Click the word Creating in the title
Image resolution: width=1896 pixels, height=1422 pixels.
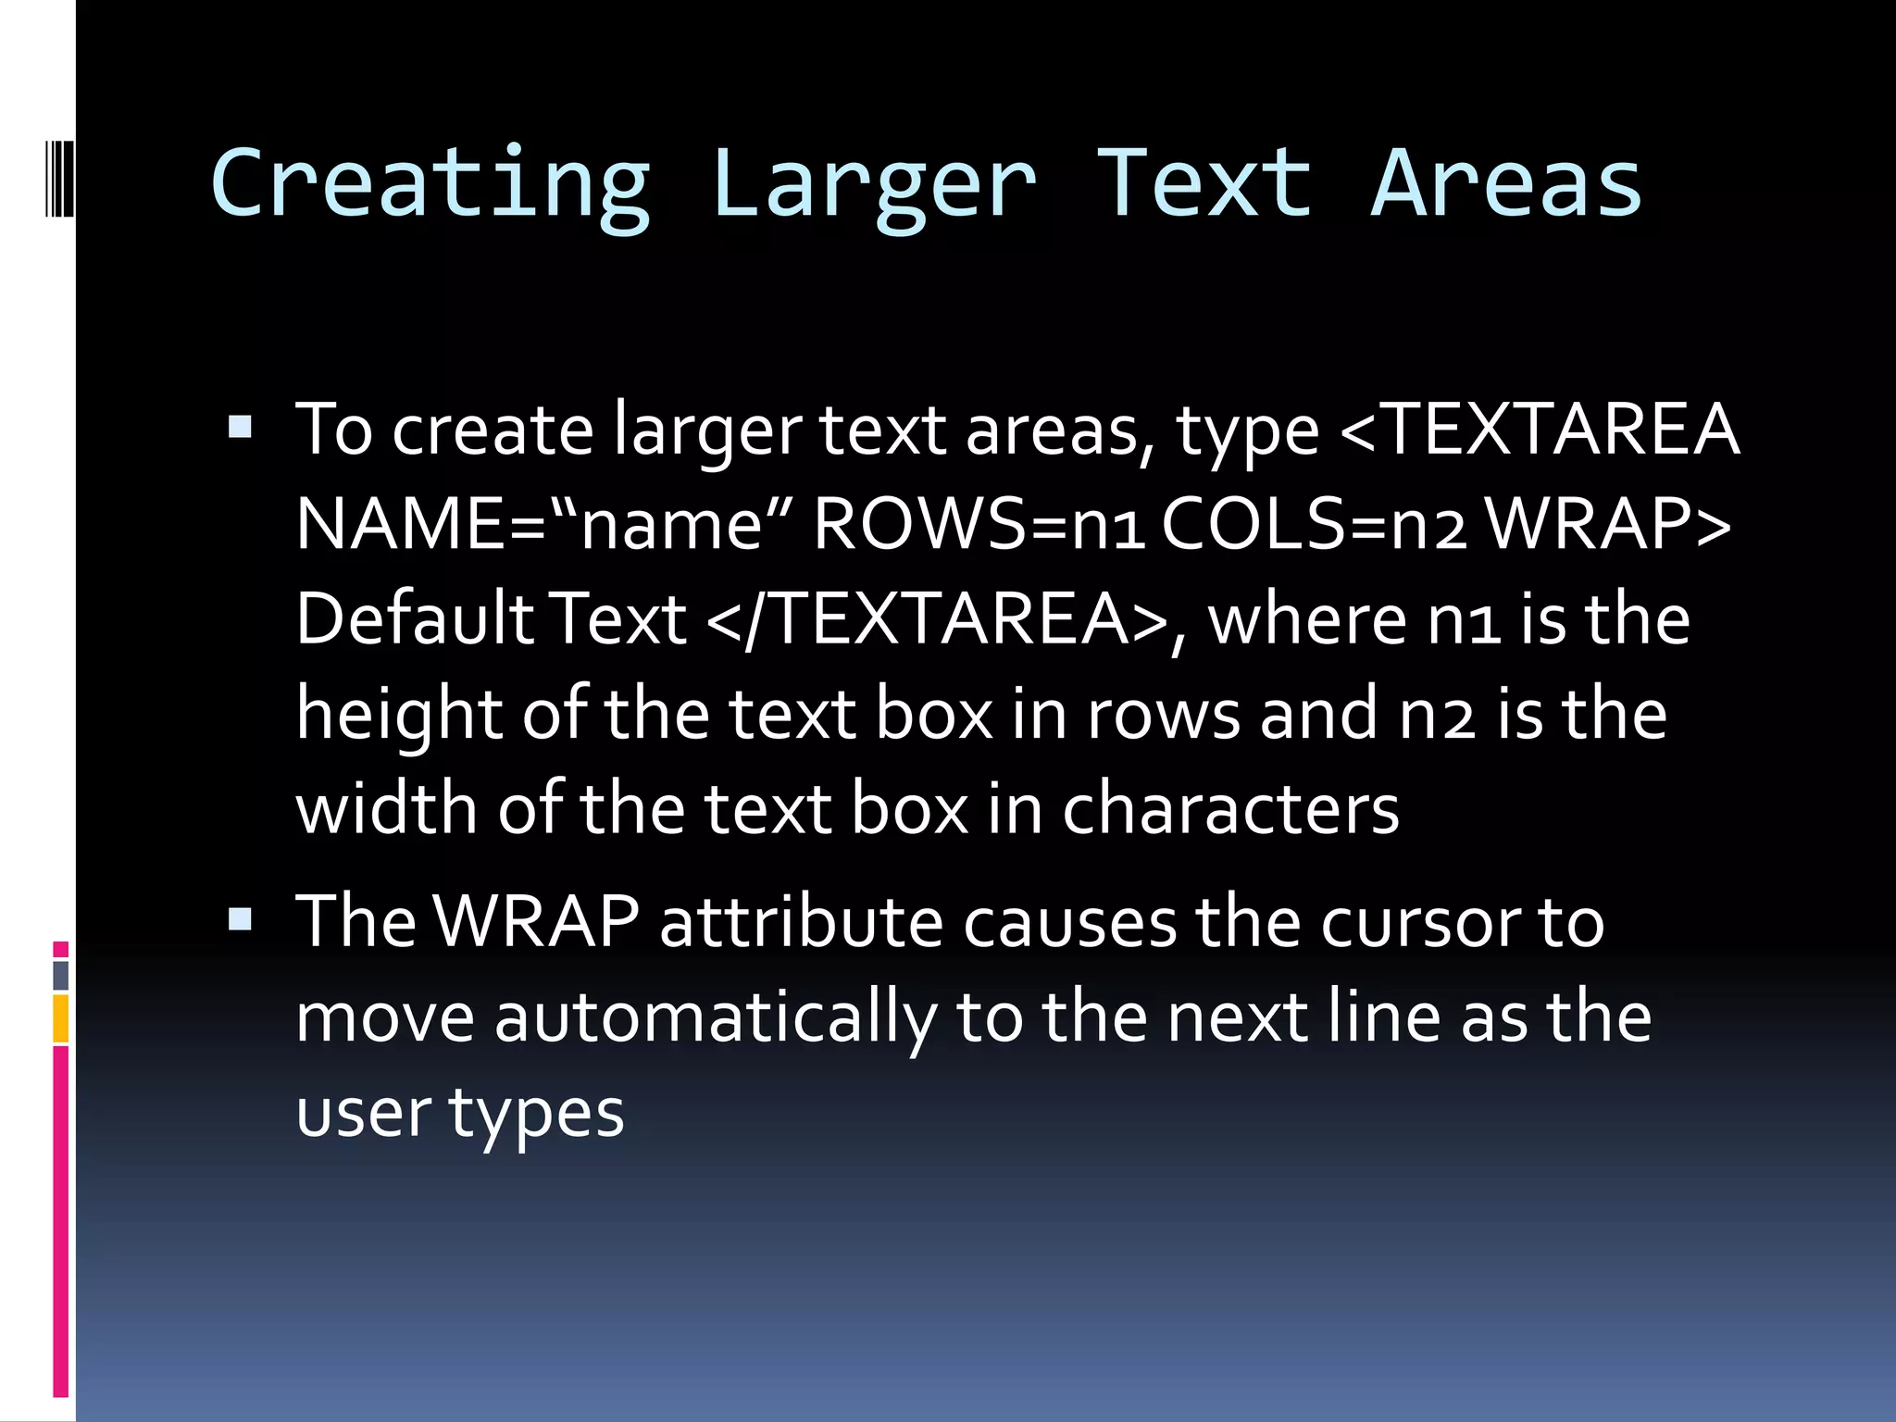coord(430,185)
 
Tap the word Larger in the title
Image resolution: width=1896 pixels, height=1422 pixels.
coord(874,185)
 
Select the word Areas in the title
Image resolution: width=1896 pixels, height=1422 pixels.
coord(1506,185)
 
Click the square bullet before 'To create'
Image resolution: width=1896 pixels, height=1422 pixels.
coord(240,427)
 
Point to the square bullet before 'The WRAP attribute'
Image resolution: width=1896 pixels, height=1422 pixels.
coord(240,918)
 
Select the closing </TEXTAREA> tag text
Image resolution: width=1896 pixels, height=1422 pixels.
coord(936,618)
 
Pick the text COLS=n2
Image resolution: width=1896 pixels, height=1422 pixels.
coord(1314,524)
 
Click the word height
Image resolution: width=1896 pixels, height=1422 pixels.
coord(399,715)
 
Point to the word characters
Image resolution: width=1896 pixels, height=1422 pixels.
coord(1230,808)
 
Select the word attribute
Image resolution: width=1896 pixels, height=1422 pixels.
coord(802,922)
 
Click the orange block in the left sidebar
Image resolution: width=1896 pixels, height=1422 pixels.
coord(61,1017)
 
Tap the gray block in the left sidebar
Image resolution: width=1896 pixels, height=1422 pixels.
coord(61,975)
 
